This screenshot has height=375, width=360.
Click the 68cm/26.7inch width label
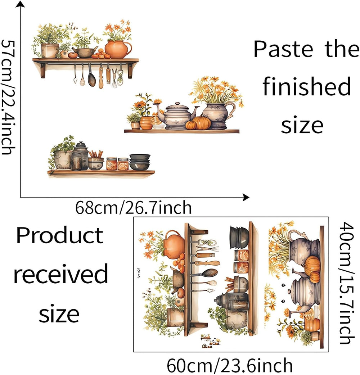pyautogui.click(x=133, y=208)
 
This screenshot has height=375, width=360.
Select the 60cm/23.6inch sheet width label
pyautogui.click(x=230, y=366)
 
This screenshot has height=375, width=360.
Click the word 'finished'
pyautogui.click(x=306, y=87)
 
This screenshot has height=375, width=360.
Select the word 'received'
pyautogui.click(x=60, y=274)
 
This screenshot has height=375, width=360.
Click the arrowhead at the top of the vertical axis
pyautogui.click(x=21, y=4)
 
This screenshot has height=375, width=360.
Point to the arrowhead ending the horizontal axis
pyautogui.click(x=246, y=197)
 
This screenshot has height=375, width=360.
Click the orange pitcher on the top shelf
pyautogui.click(x=117, y=49)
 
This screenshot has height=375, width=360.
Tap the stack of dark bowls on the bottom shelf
pyautogui.click(x=140, y=162)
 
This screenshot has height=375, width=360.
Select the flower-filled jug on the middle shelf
pyautogui.click(x=217, y=115)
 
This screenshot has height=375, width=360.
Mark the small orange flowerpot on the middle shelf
pyautogui.click(x=146, y=123)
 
